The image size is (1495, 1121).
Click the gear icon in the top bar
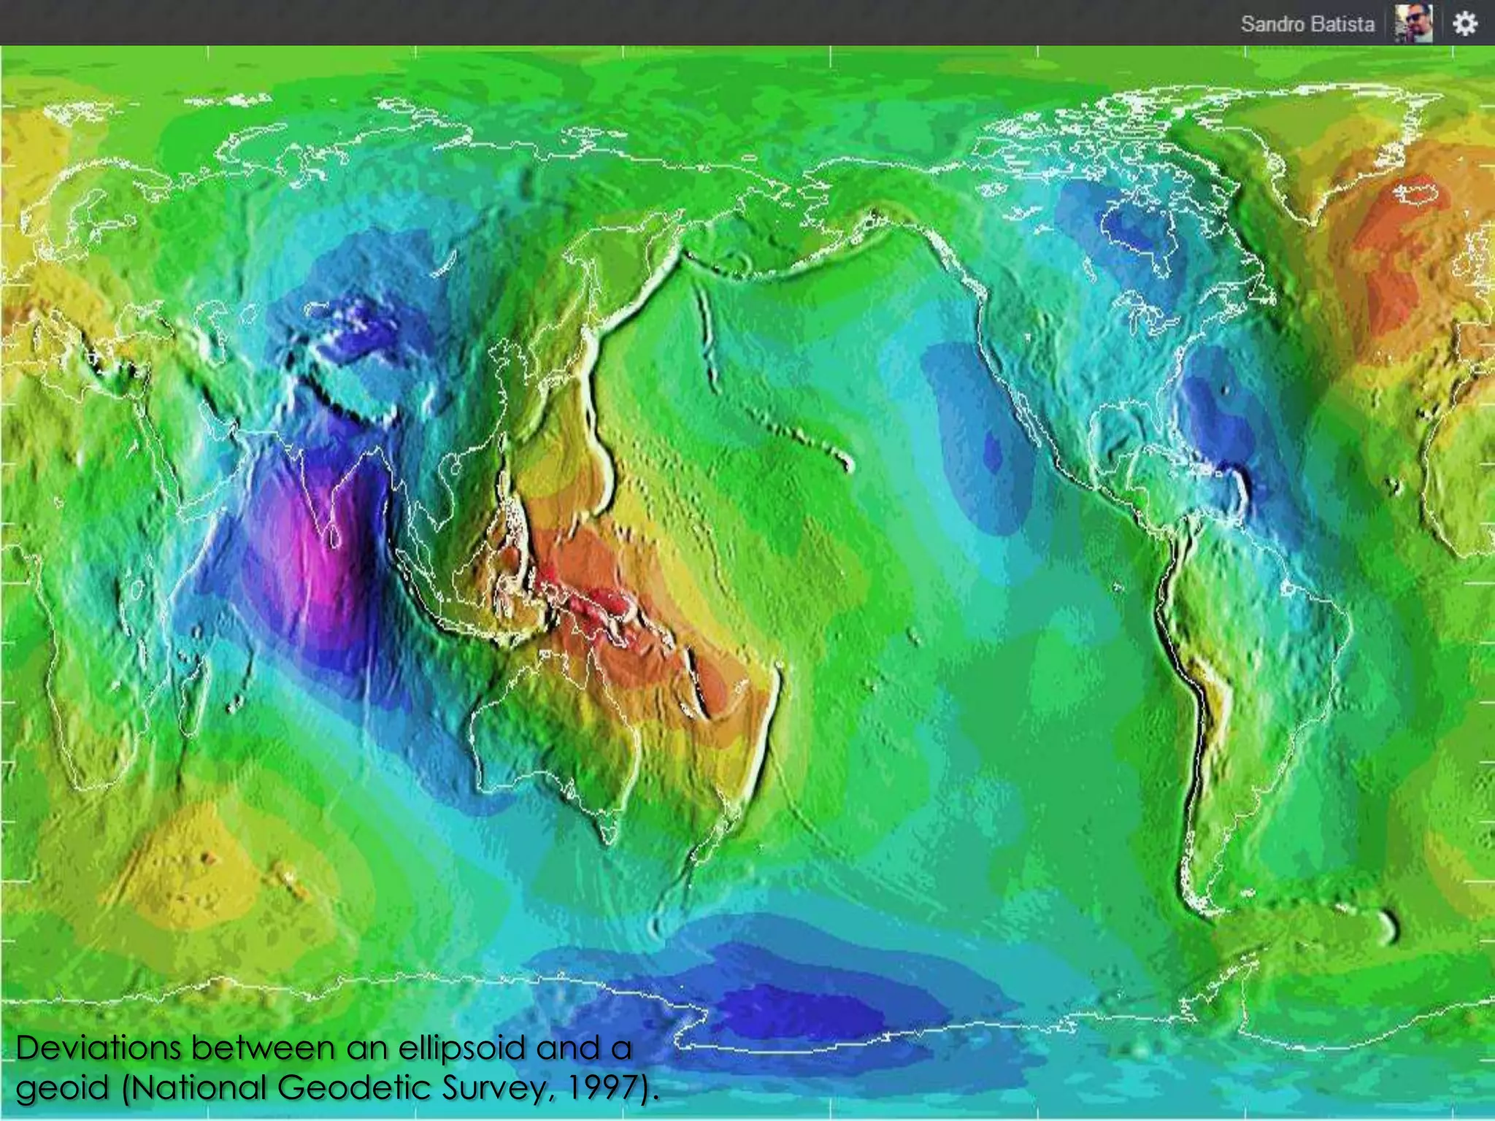tap(1464, 24)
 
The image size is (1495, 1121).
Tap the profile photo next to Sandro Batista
tap(1413, 24)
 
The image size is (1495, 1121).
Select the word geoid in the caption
tap(62, 1089)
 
